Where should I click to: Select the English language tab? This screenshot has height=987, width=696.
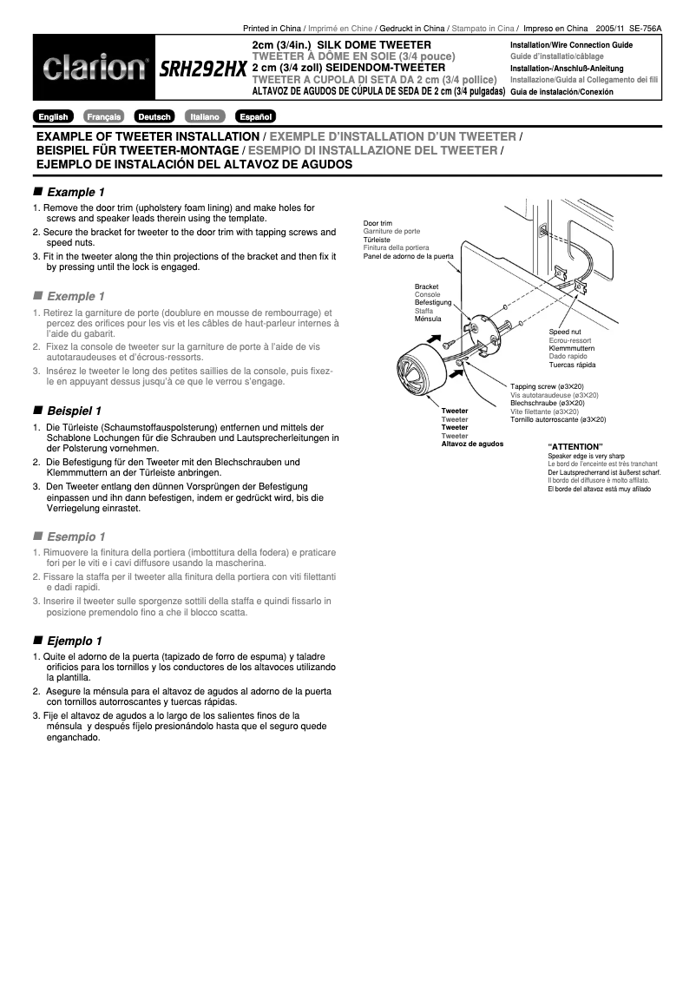tap(54, 116)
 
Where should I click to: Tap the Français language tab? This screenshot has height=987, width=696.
tap(103, 116)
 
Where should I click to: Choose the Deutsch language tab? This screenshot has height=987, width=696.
tap(154, 116)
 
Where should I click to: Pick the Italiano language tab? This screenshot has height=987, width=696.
tap(205, 116)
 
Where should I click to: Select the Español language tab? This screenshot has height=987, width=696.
tap(255, 116)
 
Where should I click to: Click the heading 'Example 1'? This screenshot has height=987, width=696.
tap(76, 192)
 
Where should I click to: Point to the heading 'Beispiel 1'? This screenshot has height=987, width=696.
tap(75, 410)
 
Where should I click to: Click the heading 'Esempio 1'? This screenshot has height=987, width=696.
tap(76, 536)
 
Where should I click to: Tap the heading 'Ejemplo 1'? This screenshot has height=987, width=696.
tap(75, 641)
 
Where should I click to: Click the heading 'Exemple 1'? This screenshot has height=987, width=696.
tap(76, 296)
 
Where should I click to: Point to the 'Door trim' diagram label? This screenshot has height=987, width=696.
tap(378, 224)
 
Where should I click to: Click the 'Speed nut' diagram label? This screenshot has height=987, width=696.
tap(565, 332)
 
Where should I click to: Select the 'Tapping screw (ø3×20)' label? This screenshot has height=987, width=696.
tap(547, 386)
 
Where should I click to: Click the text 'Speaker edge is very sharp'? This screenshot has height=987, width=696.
tap(586, 456)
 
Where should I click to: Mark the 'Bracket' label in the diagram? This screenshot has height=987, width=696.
tap(426, 286)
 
